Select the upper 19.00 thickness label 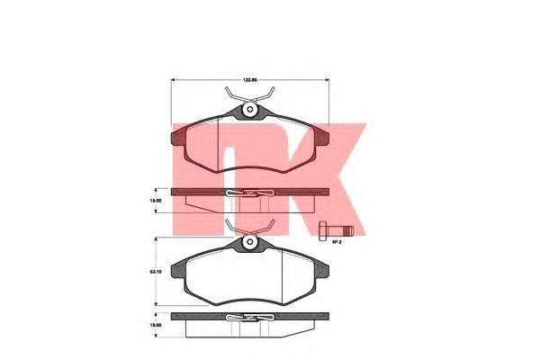(156, 201)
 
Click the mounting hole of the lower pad (249, 243)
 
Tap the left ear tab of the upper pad (175, 137)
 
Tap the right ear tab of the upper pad (324, 137)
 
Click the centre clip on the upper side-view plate (249, 193)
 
